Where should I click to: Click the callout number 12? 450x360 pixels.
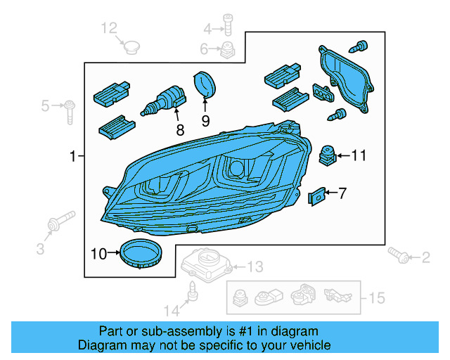pyautogui.click(x=109, y=28)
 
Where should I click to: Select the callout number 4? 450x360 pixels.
pyautogui.click(x=207, y=29)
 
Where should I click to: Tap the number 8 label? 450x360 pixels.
pyautogui.click(x=180, y=129)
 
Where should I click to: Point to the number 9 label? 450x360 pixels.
pyautogui.click(x=206, y=120)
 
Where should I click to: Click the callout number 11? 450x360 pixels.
pyautogui.click(x=359, y=155)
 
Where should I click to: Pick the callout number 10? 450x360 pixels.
pyautogui.click(x=99, y=252)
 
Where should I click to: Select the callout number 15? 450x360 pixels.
pyautogui.click(x=377, y=299)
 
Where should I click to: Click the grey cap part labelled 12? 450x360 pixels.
pyautogui.click(x=130, y=46)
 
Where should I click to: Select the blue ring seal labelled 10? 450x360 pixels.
pyautogui.click(x=141, y=252)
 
